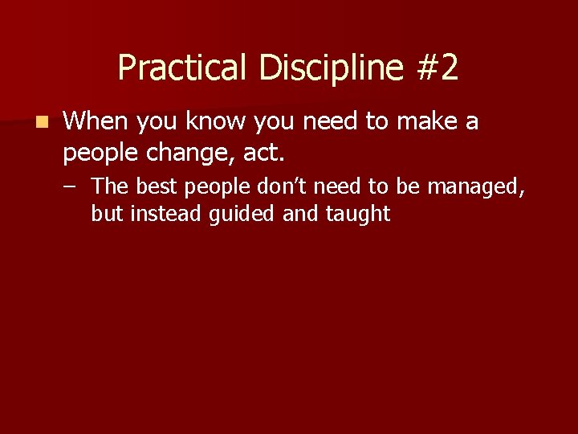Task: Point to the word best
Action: (156, 187)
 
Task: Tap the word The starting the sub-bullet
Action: (109, 187)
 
